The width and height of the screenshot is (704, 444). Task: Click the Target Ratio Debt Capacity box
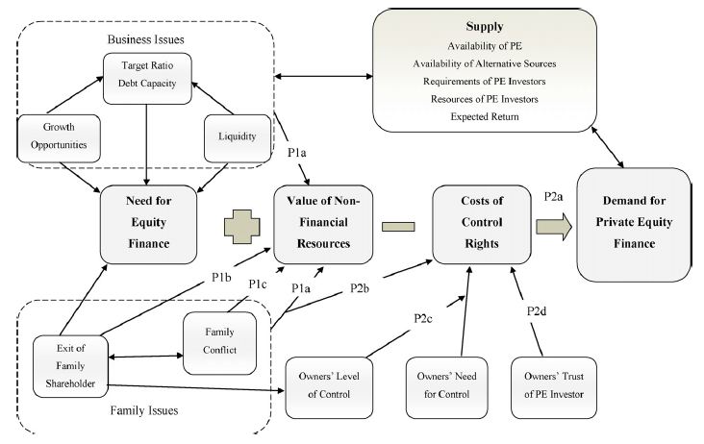pos(147,73)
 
